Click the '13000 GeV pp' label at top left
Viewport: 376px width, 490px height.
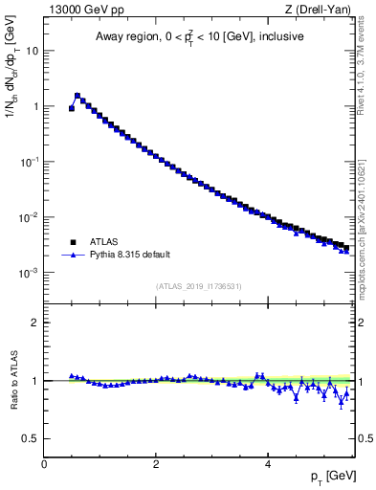click(x=79, y=11)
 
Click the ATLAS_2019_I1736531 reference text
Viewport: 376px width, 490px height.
click(x=199, y=286)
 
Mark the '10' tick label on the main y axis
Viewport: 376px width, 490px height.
click(x=32, y=51)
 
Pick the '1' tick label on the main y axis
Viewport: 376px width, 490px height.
click(x=35, y=106)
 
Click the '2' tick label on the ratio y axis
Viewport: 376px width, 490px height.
click(x=35, y=323)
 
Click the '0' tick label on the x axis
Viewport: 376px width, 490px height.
click(x=44, y=463)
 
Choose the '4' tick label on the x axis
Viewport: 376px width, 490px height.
click(x=267, y=463)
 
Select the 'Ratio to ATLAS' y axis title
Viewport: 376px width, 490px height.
click(x=12, y=380)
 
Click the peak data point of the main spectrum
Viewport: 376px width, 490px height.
click(x=77, y=96)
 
